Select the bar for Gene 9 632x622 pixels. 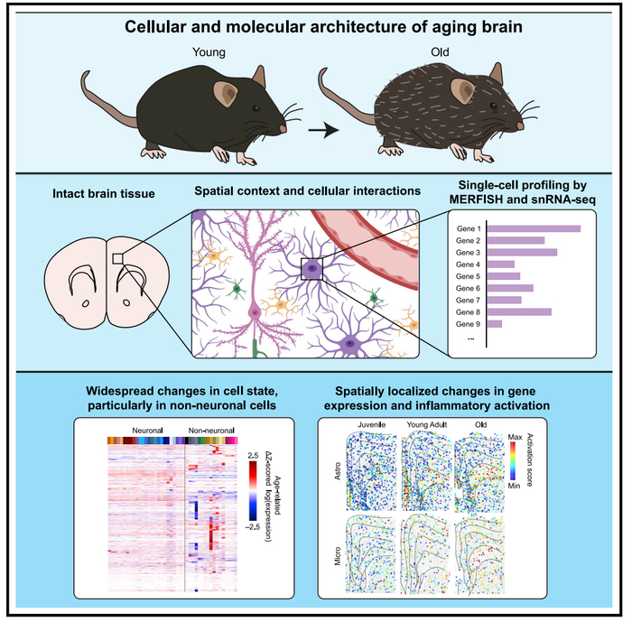[495, 323]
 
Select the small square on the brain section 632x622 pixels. [117, 259]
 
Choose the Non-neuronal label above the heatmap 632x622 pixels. [209, 431]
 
